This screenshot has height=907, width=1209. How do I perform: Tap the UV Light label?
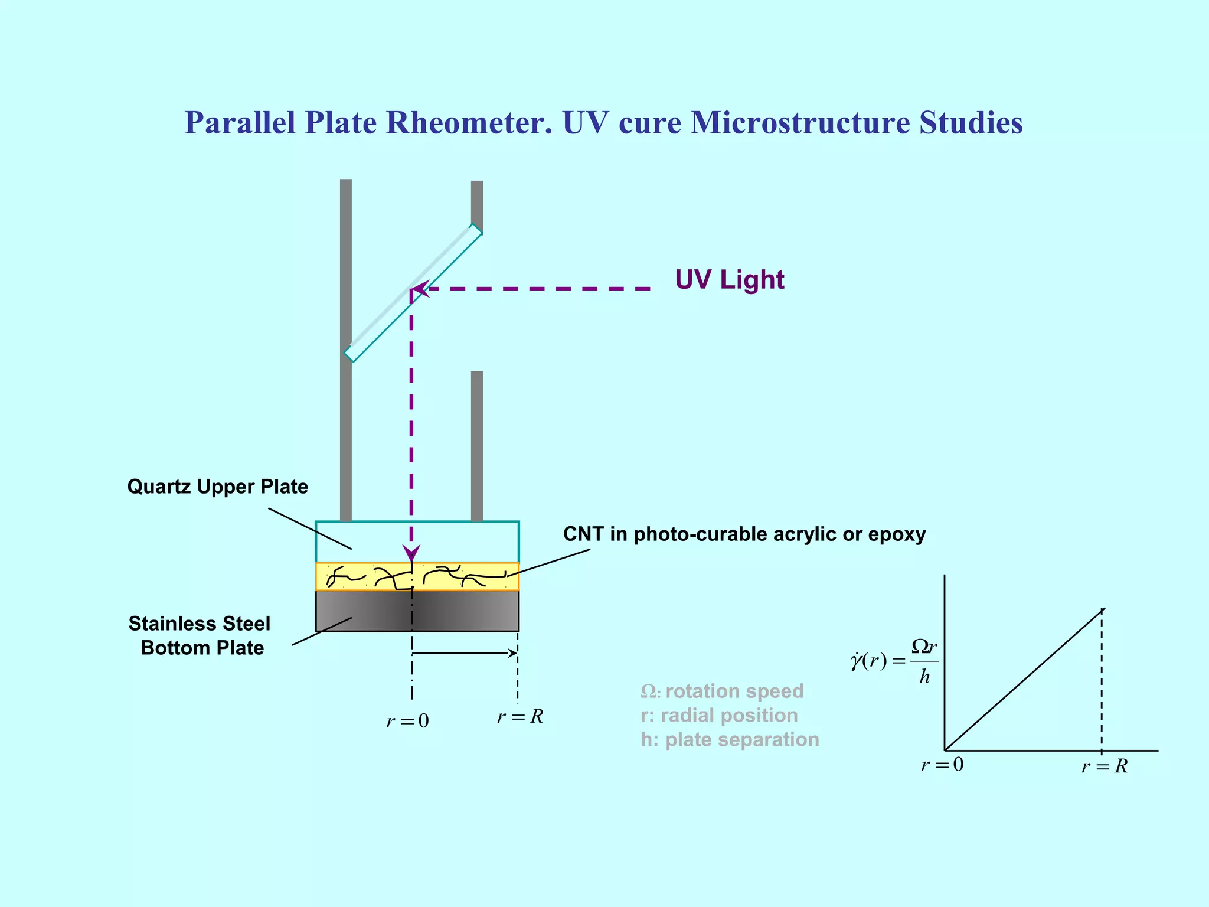[x=729, y=279]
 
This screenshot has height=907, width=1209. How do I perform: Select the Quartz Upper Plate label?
[x=217, y=487]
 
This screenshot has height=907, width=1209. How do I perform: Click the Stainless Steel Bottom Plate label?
[x=200, y=635]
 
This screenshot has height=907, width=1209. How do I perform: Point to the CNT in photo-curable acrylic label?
[x=744, y=534]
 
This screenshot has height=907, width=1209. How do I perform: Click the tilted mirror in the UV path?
[x=413, y=293]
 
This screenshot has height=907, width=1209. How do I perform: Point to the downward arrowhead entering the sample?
[x=411, y=553]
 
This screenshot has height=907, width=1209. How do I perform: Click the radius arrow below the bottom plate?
[x=465, y=653]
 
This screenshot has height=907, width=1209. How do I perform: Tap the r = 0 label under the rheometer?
[x=407, y=721]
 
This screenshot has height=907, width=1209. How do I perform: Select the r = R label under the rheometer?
[x=519, y=717]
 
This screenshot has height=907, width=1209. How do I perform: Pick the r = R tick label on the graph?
[x=1104, y=766]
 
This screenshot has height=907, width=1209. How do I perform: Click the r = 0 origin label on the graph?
[x=942, y=765]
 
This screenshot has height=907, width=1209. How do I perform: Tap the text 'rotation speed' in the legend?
[x=734, y=691]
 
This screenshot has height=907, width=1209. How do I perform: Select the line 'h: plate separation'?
[x=730, y=739]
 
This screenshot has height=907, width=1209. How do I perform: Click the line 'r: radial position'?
[x=719, y=715]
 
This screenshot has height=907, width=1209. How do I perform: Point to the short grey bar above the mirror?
[x=477, y=204]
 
